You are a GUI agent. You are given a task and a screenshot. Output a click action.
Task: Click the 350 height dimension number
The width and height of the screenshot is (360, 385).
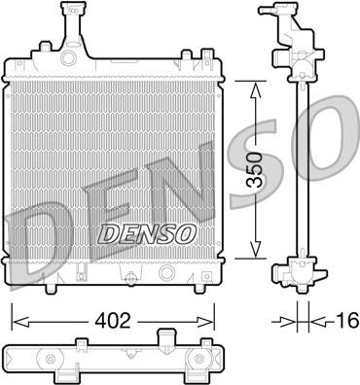pyautogui.click(x=255, y=171)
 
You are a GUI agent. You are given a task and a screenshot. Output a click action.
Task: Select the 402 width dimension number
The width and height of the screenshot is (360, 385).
pyautogui.click(x=112, y=317)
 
